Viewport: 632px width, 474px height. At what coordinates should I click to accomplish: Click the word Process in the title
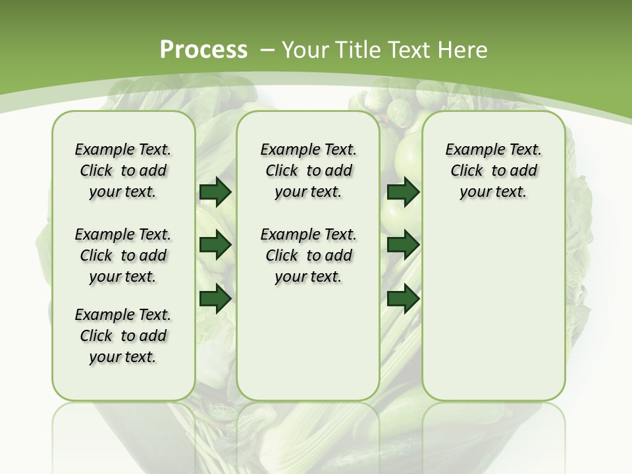[x=203, y=49]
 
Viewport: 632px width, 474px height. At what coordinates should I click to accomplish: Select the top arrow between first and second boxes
[x=215, y=192]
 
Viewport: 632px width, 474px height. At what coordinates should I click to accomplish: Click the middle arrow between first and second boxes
[x=215, y=246]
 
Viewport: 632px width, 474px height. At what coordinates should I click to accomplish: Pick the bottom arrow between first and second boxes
[x=215, y=298]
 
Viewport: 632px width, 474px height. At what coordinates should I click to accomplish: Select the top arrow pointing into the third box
[x=403, y=192]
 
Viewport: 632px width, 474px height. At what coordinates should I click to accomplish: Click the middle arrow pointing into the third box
[x=403, y=246]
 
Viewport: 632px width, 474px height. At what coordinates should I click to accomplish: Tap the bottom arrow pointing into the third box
[x=403, y=298]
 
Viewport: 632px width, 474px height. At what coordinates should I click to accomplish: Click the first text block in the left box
[x=123, y=171]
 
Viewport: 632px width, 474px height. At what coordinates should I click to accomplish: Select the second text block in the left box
[x=123, y=255]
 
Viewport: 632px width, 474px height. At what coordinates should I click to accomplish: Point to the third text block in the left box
[x=123, y=336]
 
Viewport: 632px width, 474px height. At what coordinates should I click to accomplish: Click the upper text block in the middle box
[x=308, y=171]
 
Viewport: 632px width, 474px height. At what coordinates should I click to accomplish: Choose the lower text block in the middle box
[x=308, y=255]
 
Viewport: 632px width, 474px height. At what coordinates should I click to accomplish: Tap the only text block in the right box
[x=493, y=171]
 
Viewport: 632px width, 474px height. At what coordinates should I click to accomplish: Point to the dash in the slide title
[x=267, y=50]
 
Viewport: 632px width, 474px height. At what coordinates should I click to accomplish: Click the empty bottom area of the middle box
[x=308, y=349]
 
